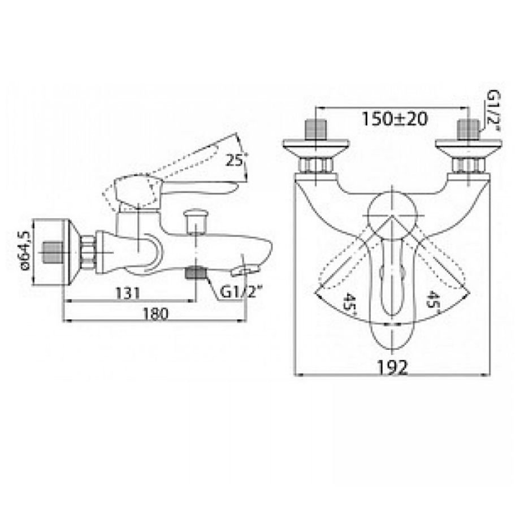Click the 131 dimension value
click(128, 293)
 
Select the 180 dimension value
click(156, 313)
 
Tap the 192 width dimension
click(392, 367)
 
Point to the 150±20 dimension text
click(395, 119)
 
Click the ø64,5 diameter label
click(25, 251)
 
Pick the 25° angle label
click(236, 160)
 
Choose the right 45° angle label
click(433, 299)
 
